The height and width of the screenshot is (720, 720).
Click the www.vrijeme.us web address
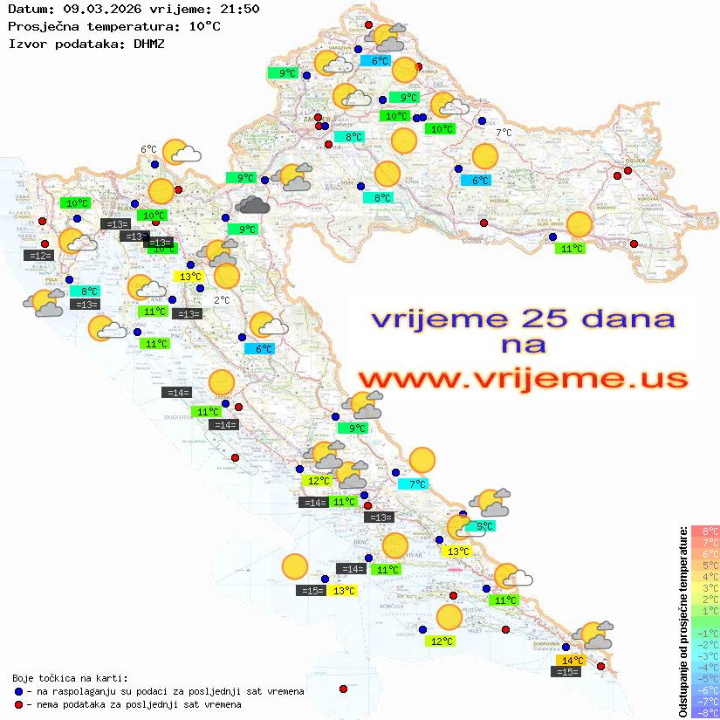click(522, 379)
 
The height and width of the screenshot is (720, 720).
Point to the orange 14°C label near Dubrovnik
click(572, 661)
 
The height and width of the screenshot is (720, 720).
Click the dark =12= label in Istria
click(40, 256)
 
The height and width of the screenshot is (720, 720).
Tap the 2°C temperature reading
click(222, 300)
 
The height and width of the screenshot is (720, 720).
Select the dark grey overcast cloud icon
click(252, 205)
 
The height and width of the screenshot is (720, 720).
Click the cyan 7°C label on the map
click(414, 484)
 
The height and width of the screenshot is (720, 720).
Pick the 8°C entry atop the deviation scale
click(705, 531)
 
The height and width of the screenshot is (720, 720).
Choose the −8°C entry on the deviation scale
click(705, 713)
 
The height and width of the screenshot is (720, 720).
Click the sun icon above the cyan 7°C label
click(422, 459)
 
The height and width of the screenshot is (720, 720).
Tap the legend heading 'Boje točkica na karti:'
click(70, 678)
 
